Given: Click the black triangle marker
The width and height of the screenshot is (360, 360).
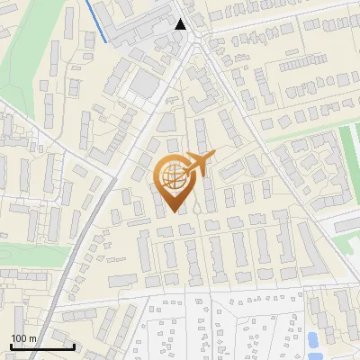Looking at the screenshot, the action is [181, 24].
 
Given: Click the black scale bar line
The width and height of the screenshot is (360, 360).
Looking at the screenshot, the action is [42, 346].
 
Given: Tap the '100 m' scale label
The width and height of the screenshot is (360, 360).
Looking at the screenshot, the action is [23, 338].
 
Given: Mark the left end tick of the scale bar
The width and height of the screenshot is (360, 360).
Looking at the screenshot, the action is [11, 345].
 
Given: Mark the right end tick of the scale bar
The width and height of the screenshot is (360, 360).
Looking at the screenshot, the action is [74, 345].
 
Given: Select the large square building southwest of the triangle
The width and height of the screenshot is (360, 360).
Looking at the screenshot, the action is [144, 85].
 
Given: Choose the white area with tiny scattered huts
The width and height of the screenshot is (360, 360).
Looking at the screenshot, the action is [225, 328].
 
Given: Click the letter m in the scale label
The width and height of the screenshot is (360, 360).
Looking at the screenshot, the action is [32, 338].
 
